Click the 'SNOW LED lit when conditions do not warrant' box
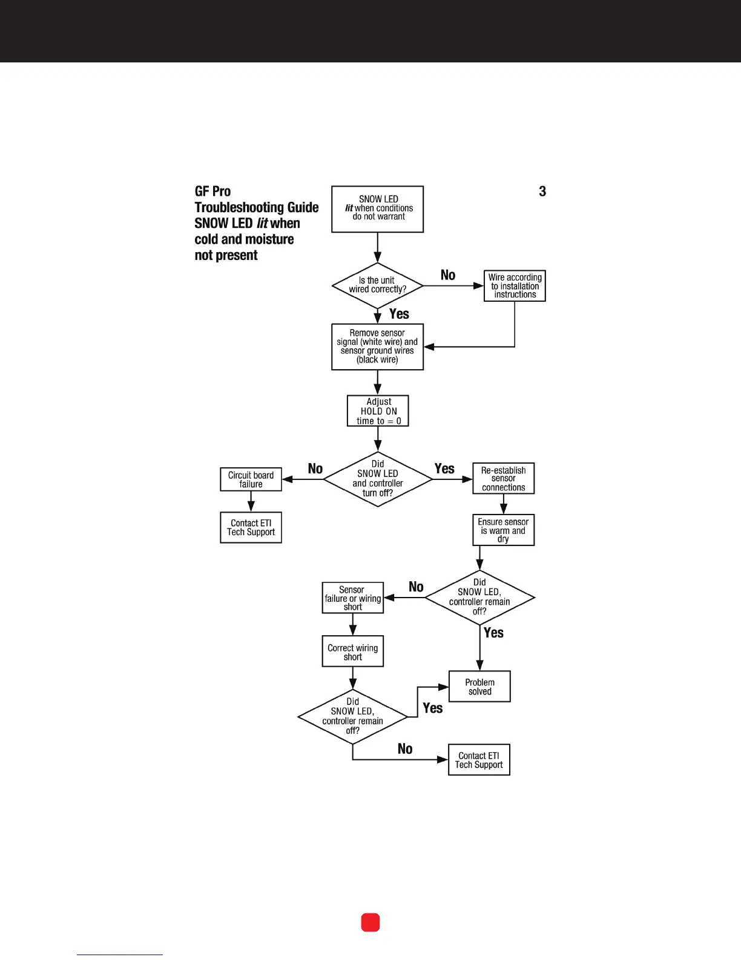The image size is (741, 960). [x=377, y=208]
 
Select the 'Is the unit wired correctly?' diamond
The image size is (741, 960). [x=377, y=285]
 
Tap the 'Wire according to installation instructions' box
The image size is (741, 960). [x=515, y=285]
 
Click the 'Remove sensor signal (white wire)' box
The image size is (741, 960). [x=377, y=346]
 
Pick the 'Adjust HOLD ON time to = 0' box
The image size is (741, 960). [x=378, y=411]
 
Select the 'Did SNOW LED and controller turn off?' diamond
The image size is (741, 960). [x=378, y=479]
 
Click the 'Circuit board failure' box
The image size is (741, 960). [x=251, y=479]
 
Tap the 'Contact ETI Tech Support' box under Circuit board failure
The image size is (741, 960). [x=251, y=527]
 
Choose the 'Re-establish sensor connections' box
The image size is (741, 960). [x=503, y=479]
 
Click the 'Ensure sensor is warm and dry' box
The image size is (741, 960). [x=503, y=530]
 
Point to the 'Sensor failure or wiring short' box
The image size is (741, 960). [x=352, y=598]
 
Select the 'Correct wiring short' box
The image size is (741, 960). [x=352, y=652]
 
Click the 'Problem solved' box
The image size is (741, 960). [x=479, y=687]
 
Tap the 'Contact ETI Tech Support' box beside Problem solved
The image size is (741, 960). [x=479, y=760]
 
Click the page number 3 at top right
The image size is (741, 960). [x=542, y=192]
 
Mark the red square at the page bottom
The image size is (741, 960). [x=370, y=922]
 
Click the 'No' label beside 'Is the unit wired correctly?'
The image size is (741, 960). [x=448, y=275]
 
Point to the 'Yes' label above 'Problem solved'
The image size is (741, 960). [x=493, y=633]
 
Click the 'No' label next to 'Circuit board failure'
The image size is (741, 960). [x=315, y=468]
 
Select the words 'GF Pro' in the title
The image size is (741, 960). [x=212, y=192]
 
